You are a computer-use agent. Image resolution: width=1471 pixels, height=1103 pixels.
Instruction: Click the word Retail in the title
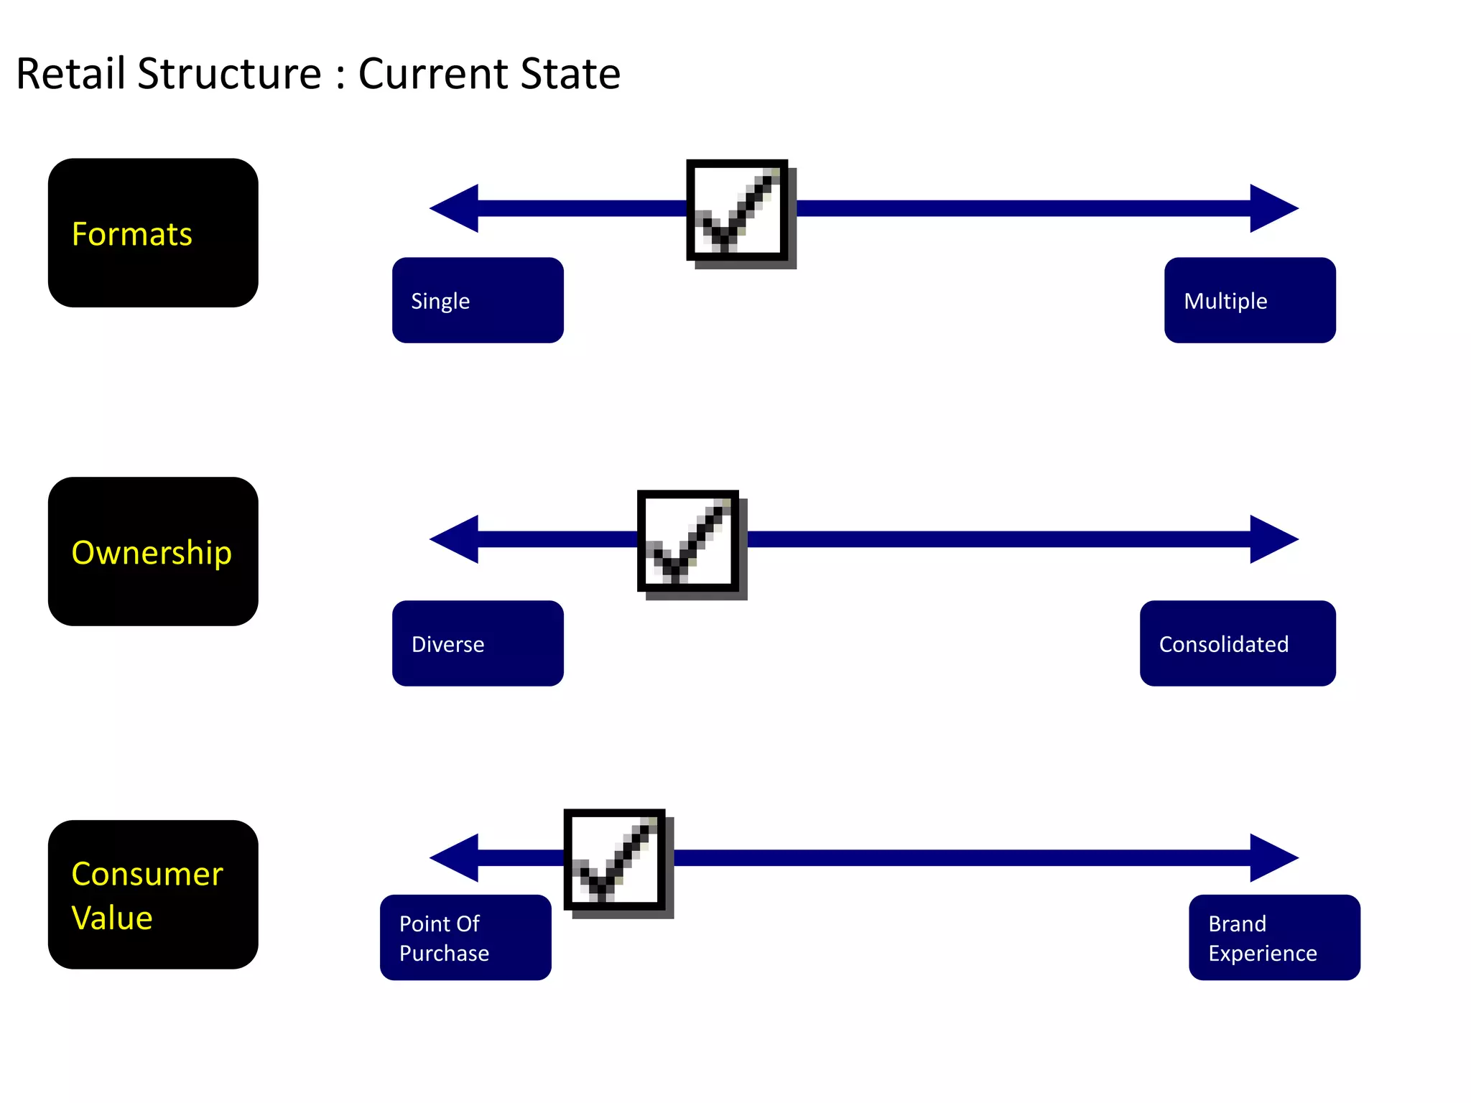(x=70, y=74)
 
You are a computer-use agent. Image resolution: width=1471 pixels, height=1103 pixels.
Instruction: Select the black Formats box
(x=153, y=233)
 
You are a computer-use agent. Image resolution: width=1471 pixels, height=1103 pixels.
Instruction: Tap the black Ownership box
(x=153, y=551)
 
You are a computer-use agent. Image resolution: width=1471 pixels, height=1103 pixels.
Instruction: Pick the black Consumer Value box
(x=153, y=895)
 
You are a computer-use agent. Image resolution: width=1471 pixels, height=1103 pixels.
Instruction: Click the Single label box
(x=478, y=300)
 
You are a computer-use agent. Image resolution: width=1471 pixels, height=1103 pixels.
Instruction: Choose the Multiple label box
(x=1250, y=300)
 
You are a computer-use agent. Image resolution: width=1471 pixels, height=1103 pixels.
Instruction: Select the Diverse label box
(x=478, y=643)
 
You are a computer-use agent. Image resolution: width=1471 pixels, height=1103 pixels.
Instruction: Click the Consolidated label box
(x=1238, y=643)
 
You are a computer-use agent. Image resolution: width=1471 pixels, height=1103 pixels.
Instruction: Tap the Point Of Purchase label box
(x=465, y=937)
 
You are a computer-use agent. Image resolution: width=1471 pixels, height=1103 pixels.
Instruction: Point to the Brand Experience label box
(x=1274, y=937)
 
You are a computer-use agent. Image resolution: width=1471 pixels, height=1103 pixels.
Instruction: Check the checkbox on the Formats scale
(x=738, y=210)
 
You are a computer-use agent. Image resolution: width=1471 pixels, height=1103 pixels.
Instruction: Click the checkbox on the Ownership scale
(x=689, y=541)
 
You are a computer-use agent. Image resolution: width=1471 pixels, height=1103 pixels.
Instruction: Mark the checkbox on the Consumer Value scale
(x=615, y=860)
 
